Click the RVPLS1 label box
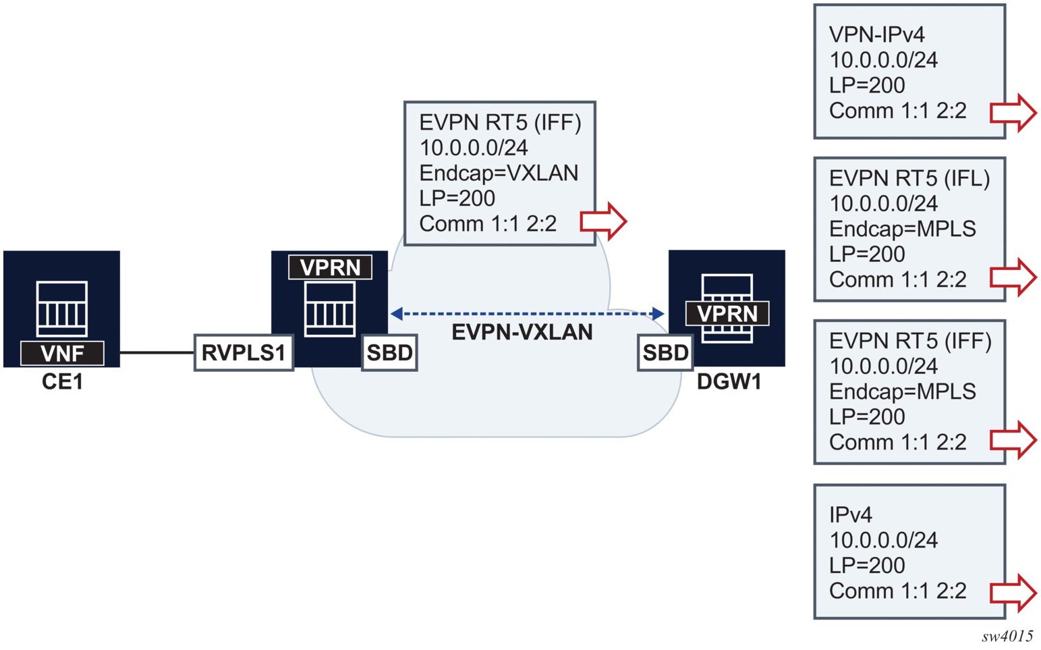pyautogui.click(x=244, y=352)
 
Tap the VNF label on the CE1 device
pyautogui.click(x=62, y=353)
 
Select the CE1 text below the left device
pyautogui.click(x=62, y=382)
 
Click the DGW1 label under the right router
pyautogui.click(x=729, y=382)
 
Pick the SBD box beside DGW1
pyautogui.click(x=665, y=352)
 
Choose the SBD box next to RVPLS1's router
pyautogui.click(x=389, y=352)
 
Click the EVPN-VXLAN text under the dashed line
pyautogui.click(x=522, y=332)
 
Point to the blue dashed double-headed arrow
pyautogui.click(x=527, y=313)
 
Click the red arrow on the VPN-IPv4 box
pyautogui.click(x=1013, y=112)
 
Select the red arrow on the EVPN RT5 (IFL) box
pyautogui.click(x=1013, y=277)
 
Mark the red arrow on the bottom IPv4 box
pyautogui.click(x=1013, y=593)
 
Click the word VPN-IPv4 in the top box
pyautogui.click(x=876, y=34)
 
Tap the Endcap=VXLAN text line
pyautogui.click(x=499, y=173)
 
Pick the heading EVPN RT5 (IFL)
pyautogui.click(x=909, y=178)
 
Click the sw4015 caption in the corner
pyautogui.click(x=1007, y=636)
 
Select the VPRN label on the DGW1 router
pyautogui.click(x=727, y=314)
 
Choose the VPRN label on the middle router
pyautogui.click(x=330, y=267)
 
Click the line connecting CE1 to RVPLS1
pyautogui.click(x=157, y=352)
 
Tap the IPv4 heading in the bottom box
pyautogui.click(x=850, y=515)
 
